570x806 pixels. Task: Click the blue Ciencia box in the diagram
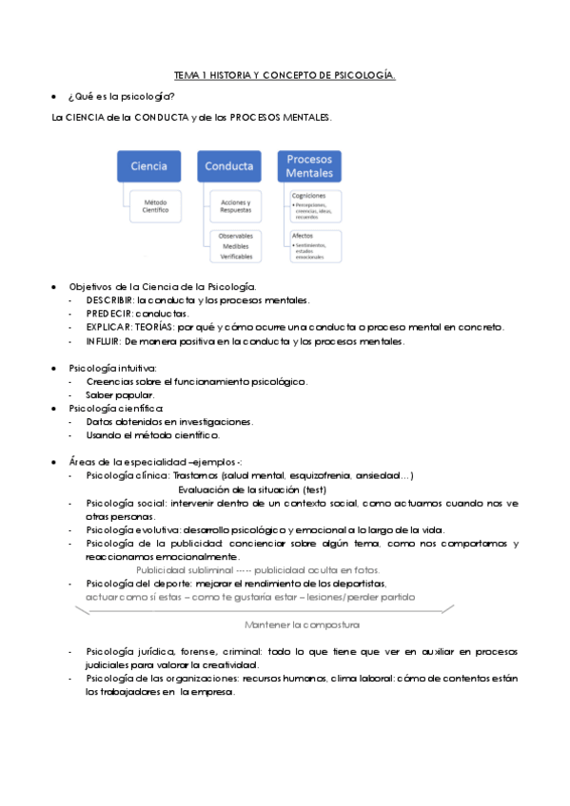[148, 166]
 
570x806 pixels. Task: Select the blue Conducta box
[228, 166]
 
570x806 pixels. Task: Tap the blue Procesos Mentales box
[309, 166]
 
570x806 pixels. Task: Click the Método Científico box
[156, 205]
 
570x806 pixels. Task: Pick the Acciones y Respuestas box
[235, 205]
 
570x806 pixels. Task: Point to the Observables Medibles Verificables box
[235, 246]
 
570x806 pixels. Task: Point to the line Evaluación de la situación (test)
[252, 489]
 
